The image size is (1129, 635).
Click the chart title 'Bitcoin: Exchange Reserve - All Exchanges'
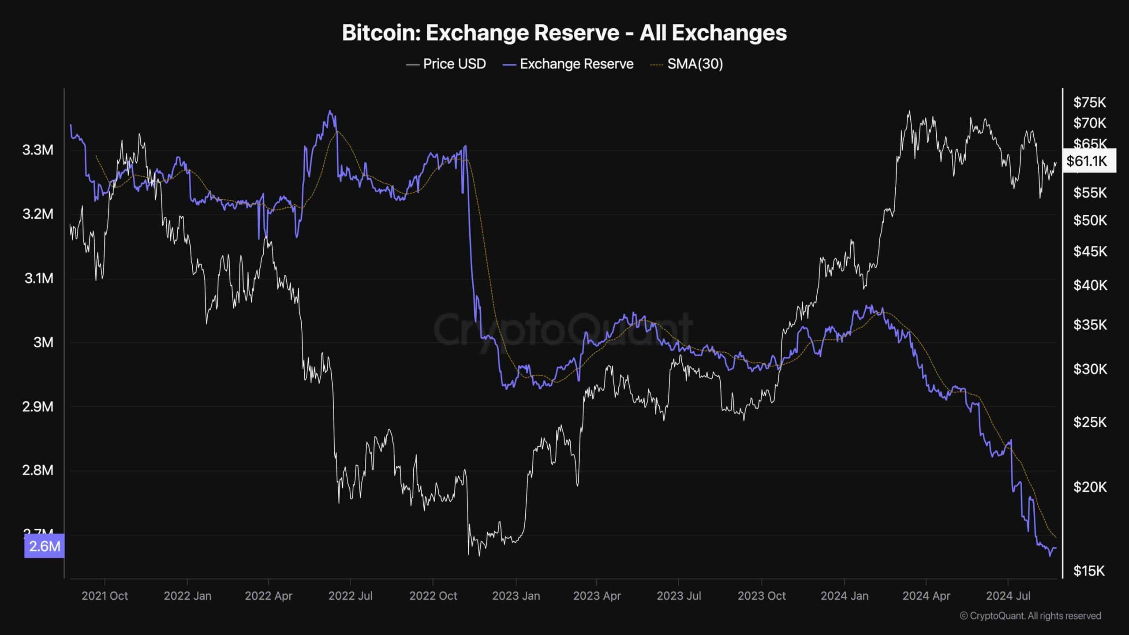click(564, 33)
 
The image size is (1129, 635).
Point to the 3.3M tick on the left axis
click(37, 150)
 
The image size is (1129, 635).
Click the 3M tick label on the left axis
click(43, 342)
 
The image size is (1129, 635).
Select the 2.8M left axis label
click(37, 471)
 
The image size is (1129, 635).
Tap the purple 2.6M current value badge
click(44, 546)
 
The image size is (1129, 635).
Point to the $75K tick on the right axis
click(1090, 103)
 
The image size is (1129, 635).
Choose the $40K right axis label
click(1090, 285)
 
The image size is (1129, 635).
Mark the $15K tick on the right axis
click(1089, 571)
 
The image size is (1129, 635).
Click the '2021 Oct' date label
click(105, 596)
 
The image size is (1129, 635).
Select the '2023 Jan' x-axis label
click(516, 596)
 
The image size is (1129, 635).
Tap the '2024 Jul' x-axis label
click(1008, 596)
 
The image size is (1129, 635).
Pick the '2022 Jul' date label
click(350, 596)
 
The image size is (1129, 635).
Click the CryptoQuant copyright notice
click(1030, 616)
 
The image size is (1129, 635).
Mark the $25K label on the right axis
click(1090, 422)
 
